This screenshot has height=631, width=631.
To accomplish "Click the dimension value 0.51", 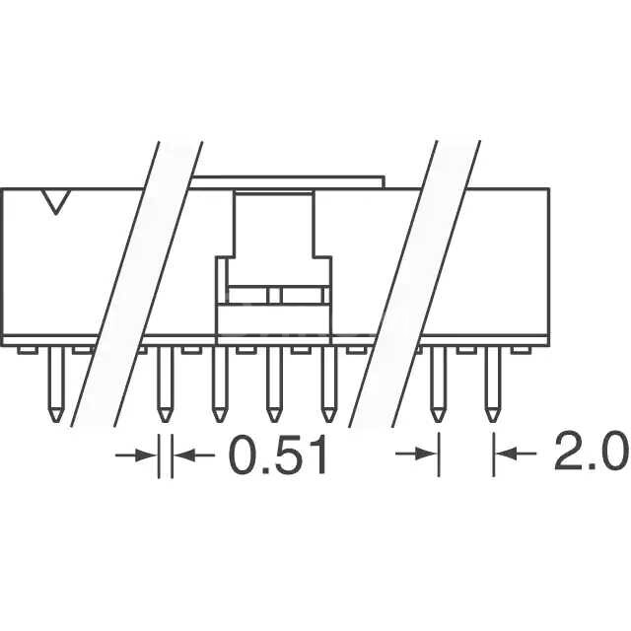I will tap(277, 456).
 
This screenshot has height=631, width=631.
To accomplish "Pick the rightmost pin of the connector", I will tap(490, 385).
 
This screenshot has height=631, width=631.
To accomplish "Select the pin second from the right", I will tap(438, 385).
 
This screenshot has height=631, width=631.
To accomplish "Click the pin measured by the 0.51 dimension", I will tap(166, 385).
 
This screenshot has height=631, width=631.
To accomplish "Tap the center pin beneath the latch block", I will tap(273, 385).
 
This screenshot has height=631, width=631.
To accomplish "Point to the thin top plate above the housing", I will tap(286, 181).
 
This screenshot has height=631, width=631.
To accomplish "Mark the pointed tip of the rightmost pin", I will tap(490, 420).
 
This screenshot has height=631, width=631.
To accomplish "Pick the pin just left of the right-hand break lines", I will tap(328, 385).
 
